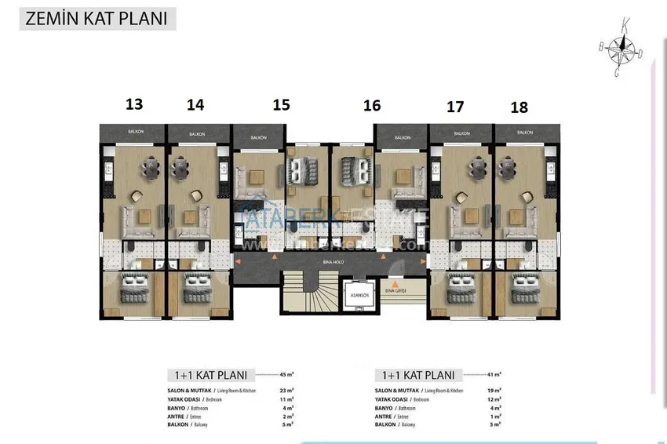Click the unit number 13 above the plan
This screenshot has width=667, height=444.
[134, 104]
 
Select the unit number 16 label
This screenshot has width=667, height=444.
[372, 104]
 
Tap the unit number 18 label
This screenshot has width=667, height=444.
[519, 107]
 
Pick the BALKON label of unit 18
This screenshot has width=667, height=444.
[524, 133]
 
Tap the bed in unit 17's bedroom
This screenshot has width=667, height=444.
[457, 287]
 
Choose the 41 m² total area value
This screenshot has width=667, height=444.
[492, 374]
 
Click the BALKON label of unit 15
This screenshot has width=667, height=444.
[259, 137]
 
